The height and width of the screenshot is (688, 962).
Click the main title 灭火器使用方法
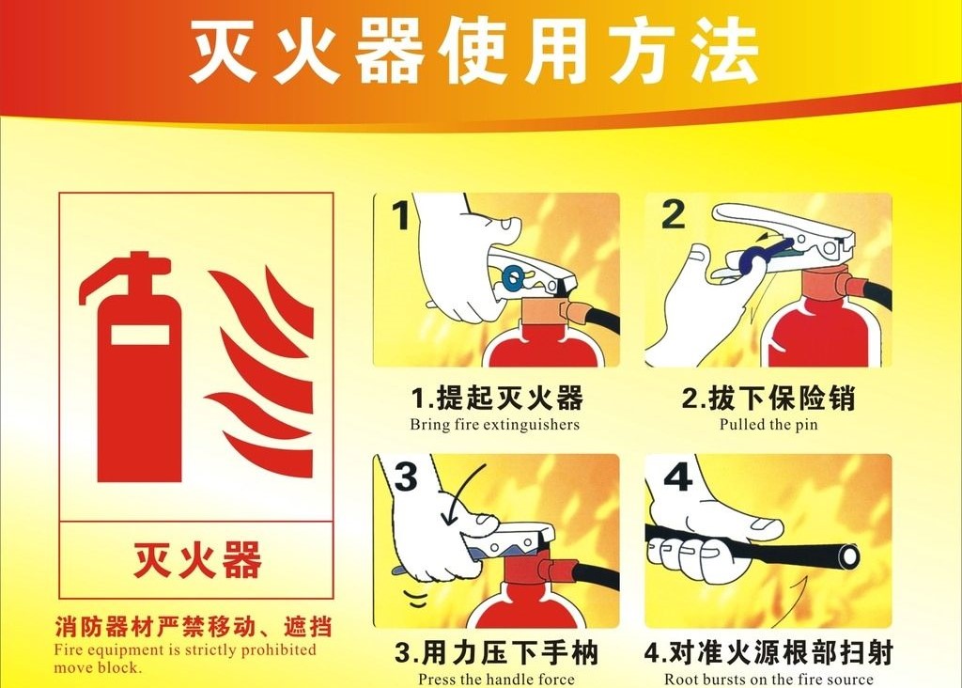point(473,51)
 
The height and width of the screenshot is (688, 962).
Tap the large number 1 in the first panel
point(401,215)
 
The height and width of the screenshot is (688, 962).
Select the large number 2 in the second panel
point(673,214)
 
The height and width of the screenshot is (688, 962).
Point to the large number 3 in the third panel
point(406,477)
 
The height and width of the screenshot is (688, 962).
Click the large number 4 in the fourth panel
point(678,476)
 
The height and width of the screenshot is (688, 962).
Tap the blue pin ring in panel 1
point(512,278)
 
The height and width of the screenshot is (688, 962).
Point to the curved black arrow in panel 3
point(460,492)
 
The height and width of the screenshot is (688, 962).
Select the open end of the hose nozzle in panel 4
point(849,556)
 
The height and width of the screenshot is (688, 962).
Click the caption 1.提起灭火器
point(498,399)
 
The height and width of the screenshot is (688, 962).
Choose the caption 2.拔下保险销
point(768,399)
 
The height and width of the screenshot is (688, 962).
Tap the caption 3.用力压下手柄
point(496,653)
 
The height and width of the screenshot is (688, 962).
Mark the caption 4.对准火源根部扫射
point(768,653)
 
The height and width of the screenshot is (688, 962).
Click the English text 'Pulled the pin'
point(768,425)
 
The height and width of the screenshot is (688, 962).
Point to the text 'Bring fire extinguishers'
point(494,425)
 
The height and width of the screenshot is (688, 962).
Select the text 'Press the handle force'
point(496,680)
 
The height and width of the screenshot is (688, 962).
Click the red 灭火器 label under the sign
point(197,560)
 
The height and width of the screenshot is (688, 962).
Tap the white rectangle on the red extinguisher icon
point(140,334)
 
